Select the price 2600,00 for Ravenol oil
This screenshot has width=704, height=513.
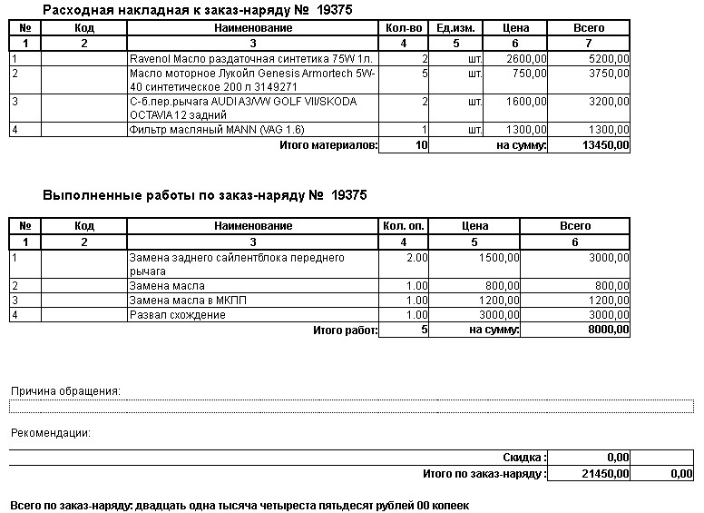527,59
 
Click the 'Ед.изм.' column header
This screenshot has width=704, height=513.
456,28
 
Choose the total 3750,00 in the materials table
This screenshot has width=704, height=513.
609,74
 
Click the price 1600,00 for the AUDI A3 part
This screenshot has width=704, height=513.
527,102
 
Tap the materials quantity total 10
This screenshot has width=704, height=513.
421,144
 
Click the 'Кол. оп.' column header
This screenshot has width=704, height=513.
404,226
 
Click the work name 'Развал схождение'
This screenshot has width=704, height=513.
177,315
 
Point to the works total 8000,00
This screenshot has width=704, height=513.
608,330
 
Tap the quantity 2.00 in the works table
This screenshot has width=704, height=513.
416,259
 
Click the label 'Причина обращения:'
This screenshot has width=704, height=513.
65,391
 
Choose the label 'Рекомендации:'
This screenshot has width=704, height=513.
50,433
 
